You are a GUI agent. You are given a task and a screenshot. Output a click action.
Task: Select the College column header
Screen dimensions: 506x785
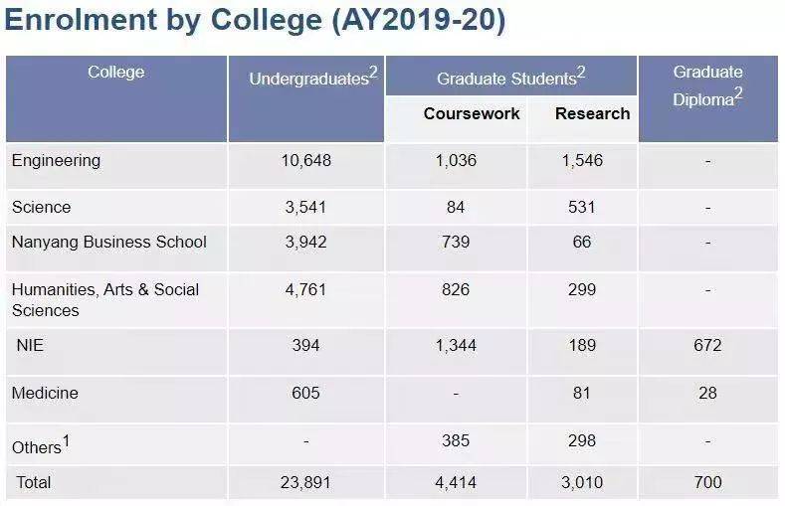coord(115,72)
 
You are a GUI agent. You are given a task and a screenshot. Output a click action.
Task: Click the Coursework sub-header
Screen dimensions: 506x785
coord(472,113)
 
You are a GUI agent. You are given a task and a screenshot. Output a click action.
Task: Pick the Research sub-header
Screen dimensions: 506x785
coord(592,113)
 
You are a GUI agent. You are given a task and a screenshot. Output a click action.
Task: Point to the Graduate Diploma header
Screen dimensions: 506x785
coord(707,85)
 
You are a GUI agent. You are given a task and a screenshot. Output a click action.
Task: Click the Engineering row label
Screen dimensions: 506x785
coord(56,160)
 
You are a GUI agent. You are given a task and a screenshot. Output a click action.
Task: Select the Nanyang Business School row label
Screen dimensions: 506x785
coord(109,242)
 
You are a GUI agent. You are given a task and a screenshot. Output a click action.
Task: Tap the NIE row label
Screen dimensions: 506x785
coord(31,345)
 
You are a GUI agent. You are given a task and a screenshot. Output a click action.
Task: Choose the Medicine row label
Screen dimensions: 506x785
coord(45,393)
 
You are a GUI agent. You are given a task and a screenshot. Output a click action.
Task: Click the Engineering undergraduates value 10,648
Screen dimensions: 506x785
coord(305,160)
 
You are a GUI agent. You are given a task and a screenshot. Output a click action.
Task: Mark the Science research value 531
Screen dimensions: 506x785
coord(581,207)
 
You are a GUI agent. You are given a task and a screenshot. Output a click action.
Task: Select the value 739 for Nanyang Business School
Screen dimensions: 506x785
coord(455,242)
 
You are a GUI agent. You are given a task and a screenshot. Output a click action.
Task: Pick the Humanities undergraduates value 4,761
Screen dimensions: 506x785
coord(305,289)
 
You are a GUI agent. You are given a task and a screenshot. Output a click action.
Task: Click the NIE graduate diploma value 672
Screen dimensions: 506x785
coord(707,345)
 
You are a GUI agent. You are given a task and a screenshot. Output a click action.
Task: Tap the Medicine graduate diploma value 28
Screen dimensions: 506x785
coord(707,393)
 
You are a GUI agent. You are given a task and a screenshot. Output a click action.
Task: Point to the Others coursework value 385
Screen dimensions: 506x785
coord(455,440)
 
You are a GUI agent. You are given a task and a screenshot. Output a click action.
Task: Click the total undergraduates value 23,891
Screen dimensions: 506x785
coord(305,483)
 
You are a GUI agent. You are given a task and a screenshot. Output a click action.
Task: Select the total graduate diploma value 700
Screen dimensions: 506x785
coord(707,483)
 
